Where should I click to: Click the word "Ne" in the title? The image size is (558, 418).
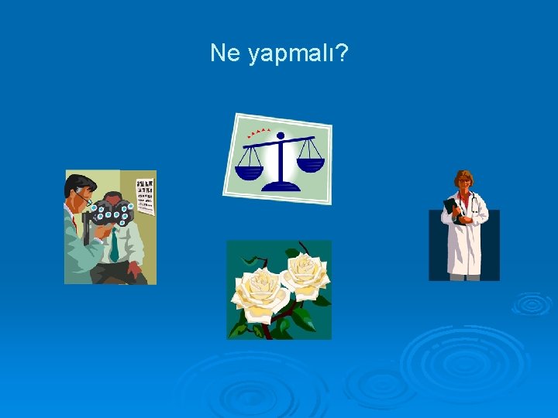(x=226, y=53)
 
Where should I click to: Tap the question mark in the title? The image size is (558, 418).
(x=341, y=53)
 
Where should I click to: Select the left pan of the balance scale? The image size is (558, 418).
(x=249, y=163)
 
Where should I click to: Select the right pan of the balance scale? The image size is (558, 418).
(x=310, y=164)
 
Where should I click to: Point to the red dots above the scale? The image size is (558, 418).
(x=259, y=132)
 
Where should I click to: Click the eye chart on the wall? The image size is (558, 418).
(x=145, y=197)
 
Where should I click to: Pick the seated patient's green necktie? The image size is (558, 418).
(x=114, y=245)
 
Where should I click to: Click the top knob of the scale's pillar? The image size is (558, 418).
(x=280, y=135)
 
